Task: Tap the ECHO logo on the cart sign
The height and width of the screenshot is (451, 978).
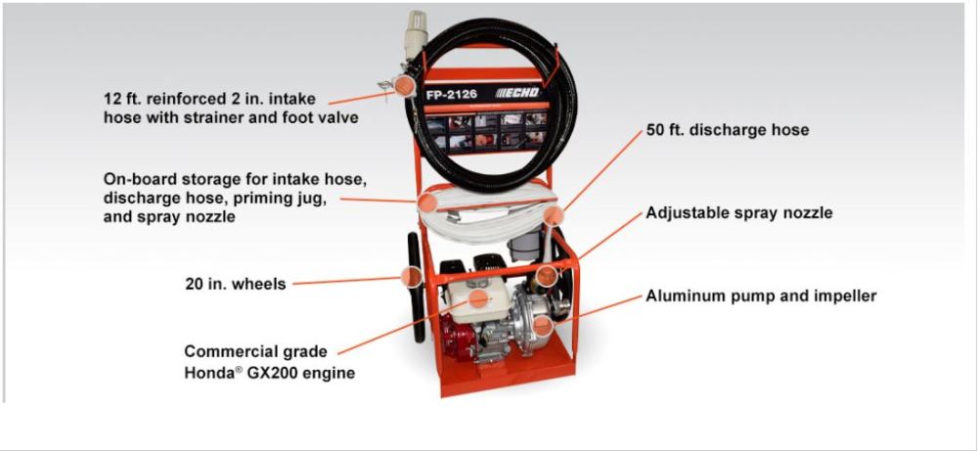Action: (x=517, y=94)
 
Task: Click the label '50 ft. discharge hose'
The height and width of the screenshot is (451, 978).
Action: (x=728, y=130)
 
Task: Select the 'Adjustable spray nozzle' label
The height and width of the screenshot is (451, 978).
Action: (x=739, y=213)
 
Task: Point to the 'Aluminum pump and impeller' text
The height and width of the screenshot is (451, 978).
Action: (x=761, y=296)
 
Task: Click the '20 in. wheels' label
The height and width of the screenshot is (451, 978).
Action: (x=235, y=284)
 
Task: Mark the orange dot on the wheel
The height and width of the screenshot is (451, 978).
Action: (x=412, y=276)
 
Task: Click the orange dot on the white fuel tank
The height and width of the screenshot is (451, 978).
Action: (x=478, y=298)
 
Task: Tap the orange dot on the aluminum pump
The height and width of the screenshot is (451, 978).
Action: (x=543, y=325)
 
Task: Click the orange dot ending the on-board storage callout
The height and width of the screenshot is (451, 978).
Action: (x=426, y=203)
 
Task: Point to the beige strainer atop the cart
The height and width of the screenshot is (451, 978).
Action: (x=416, y=35)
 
